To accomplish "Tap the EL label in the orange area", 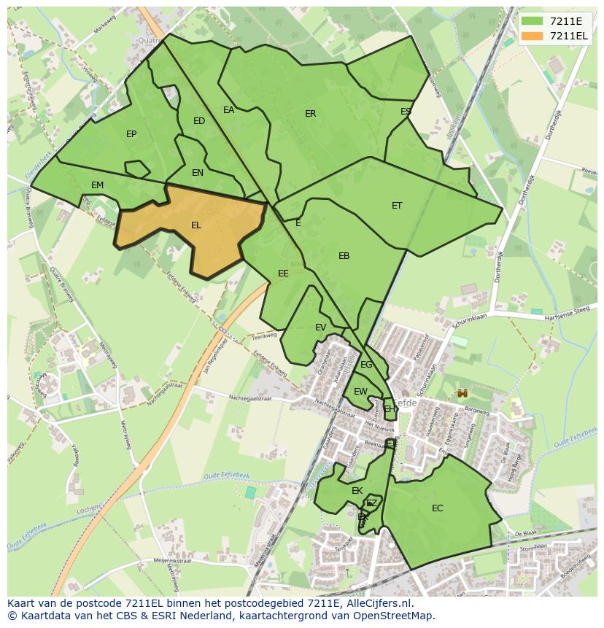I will tap(196, 225).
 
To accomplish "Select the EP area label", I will tap(131, 133).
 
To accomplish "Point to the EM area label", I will tap(98, 185).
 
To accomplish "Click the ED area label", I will tap(199, 121).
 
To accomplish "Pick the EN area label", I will tap(198, 173).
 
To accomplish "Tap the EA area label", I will tap(229, 110).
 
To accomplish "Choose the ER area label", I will tap(311, 114).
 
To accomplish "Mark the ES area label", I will tap(406, 112).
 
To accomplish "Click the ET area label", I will tap(397, 206).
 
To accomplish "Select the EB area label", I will tap(344, 256).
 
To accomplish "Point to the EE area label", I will tap(283, 274).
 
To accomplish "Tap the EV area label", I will tap(320, 327).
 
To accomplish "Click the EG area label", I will tap(366, 365).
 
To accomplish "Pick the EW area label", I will tap(360, 392).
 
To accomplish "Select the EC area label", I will tap(438, 508).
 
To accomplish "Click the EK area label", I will tap(357, 491).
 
